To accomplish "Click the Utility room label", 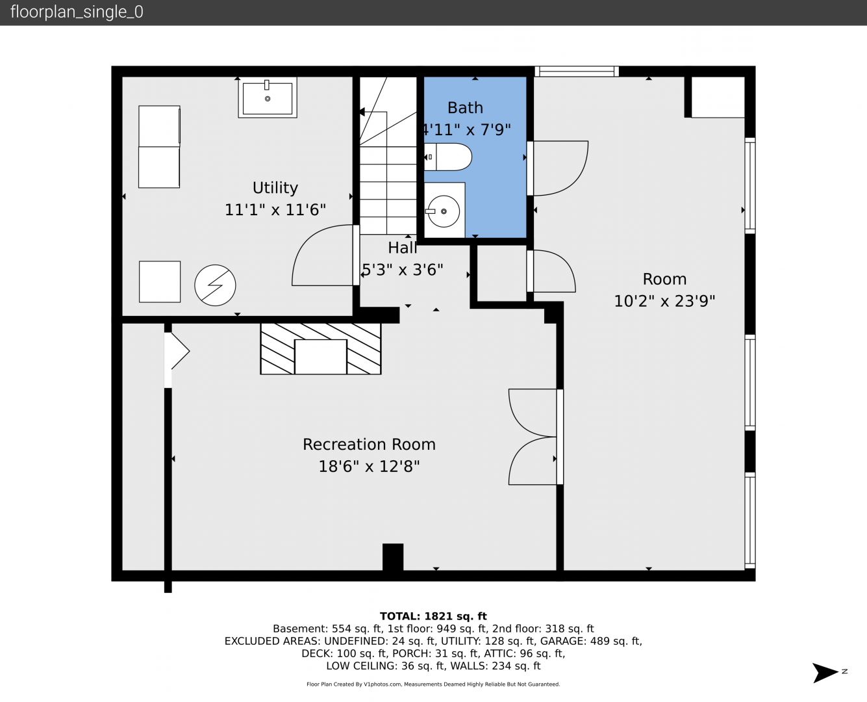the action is pos(275,188).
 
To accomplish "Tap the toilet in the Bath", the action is pos(447,157).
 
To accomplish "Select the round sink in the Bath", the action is pos(444,211).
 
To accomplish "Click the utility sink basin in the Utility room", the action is pos(268,97).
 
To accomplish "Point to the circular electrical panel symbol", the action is pos(215,285).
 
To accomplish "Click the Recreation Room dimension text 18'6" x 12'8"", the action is pos(369,466).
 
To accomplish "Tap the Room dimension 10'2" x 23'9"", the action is pos(664,301).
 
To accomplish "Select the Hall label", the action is pos(402,248).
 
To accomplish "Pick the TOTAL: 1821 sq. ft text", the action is pos(433,616).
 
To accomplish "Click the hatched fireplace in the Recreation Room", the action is pos(321,349).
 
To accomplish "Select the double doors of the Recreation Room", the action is pos(533,437).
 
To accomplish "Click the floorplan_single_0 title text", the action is pos(77,12).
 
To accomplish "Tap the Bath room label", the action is pos(465,108).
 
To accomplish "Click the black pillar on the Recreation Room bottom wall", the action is pos(393,556).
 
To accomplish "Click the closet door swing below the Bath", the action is pos(554,271).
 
